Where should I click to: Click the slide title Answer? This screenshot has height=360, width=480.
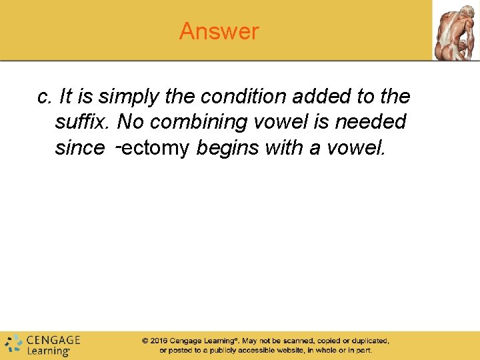click(219, 31)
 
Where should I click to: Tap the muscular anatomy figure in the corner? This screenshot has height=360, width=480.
click(456, 31)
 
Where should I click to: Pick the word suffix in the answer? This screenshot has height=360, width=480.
click(84, 122)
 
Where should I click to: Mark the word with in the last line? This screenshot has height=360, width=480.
click(285, 147)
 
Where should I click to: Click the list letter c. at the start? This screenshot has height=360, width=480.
click(45, 97)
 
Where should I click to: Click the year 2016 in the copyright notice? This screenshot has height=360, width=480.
click(158, 341)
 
